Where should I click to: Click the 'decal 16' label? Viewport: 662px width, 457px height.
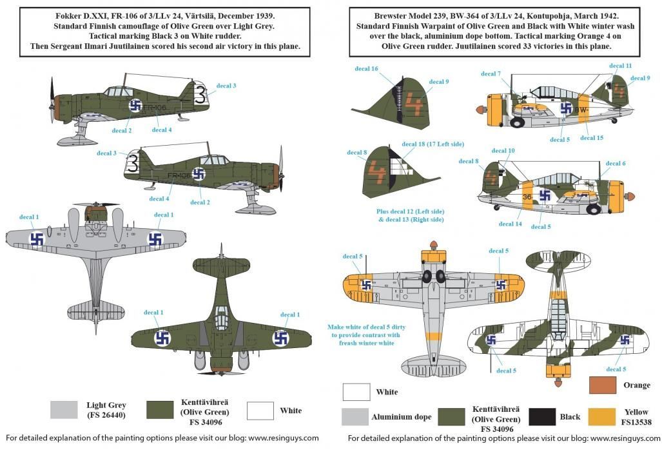366,68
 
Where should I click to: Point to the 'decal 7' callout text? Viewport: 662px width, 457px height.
491,74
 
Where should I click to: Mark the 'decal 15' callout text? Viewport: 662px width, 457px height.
591,138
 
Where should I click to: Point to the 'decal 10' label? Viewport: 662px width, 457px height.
503,151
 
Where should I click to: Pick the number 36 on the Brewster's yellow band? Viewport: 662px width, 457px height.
527,197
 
